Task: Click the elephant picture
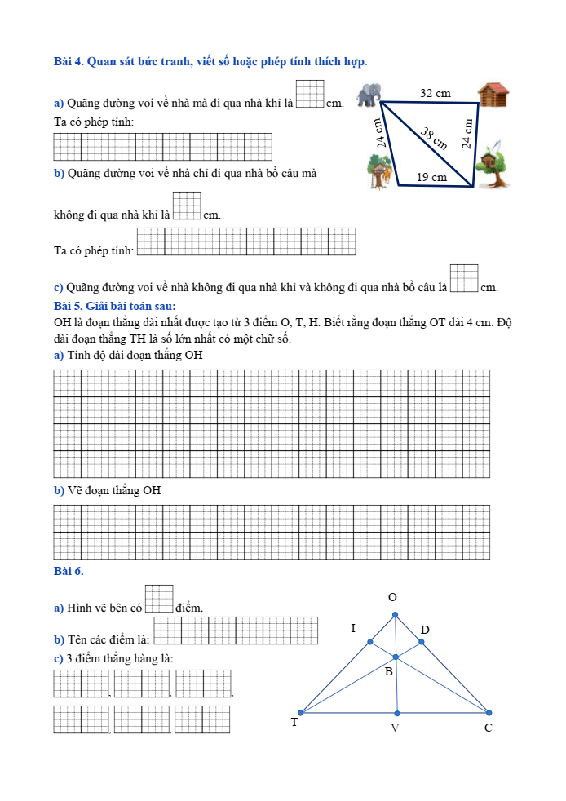(x=369, y=94)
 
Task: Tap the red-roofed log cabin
(x=493, y=95)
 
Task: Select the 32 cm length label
(x=435, y=94)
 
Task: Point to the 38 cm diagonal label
(x=435, y=138)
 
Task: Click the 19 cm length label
(x=431, y=177)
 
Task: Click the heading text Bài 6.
(x=69, y=571)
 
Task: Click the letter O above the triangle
(x=392, y=598)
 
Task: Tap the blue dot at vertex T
(x=301, y=712)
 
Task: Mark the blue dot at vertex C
(x=489, y=712)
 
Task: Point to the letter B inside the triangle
(x=388, y=671)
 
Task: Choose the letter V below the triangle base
(x=395, y=728)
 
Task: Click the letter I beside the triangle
(x=353, y=628)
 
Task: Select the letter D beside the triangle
(x=424, y=630)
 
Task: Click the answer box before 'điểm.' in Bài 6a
(x=159, y=598)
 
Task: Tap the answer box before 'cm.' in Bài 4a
(x=310, y=94)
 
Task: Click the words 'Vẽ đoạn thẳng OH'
(x=114, y=490)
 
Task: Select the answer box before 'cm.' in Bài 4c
(x=464, y=277)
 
